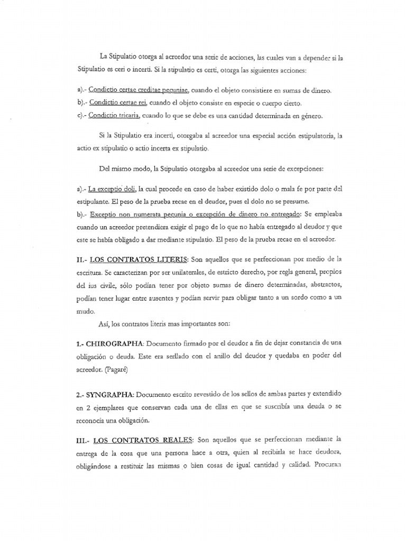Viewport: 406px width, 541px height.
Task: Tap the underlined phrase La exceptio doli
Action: click(113, 188)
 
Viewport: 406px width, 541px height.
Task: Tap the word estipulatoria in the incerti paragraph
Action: click(311, 136)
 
